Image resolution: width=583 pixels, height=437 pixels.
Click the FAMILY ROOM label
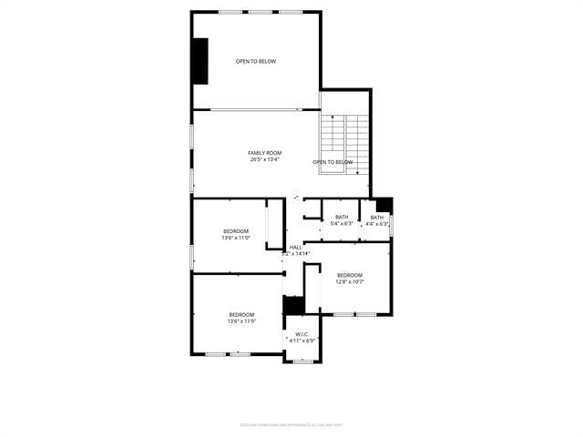(265, 152)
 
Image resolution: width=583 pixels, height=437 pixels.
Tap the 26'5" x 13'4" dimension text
(265, 159)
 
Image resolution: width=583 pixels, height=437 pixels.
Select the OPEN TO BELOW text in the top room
(256, 62)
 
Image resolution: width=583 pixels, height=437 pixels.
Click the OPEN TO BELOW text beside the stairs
(332, 162)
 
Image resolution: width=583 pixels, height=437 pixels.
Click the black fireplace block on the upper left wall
(199, 61)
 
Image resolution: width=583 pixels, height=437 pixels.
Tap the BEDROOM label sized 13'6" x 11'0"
(236, 231)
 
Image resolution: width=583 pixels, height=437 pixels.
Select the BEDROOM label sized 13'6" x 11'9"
(241, 314)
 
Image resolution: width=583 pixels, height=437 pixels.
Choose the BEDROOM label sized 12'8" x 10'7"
(350, 275)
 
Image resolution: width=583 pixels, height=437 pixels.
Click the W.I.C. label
(302, 334)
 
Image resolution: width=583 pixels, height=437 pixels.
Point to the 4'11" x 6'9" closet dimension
(302, 341)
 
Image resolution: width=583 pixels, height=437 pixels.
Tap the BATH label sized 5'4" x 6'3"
(342, 217)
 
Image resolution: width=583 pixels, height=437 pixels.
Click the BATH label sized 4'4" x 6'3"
(376, 217)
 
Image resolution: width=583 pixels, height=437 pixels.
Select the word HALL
(296, 247)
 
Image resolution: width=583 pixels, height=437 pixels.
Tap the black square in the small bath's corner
(384, 205)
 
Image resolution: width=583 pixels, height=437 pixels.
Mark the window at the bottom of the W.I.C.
(303, 361)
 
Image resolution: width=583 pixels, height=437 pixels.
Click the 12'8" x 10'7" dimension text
(350, 282)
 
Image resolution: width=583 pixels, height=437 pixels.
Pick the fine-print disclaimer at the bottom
(291, 424)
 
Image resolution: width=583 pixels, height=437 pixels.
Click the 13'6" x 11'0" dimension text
(236, 239)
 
